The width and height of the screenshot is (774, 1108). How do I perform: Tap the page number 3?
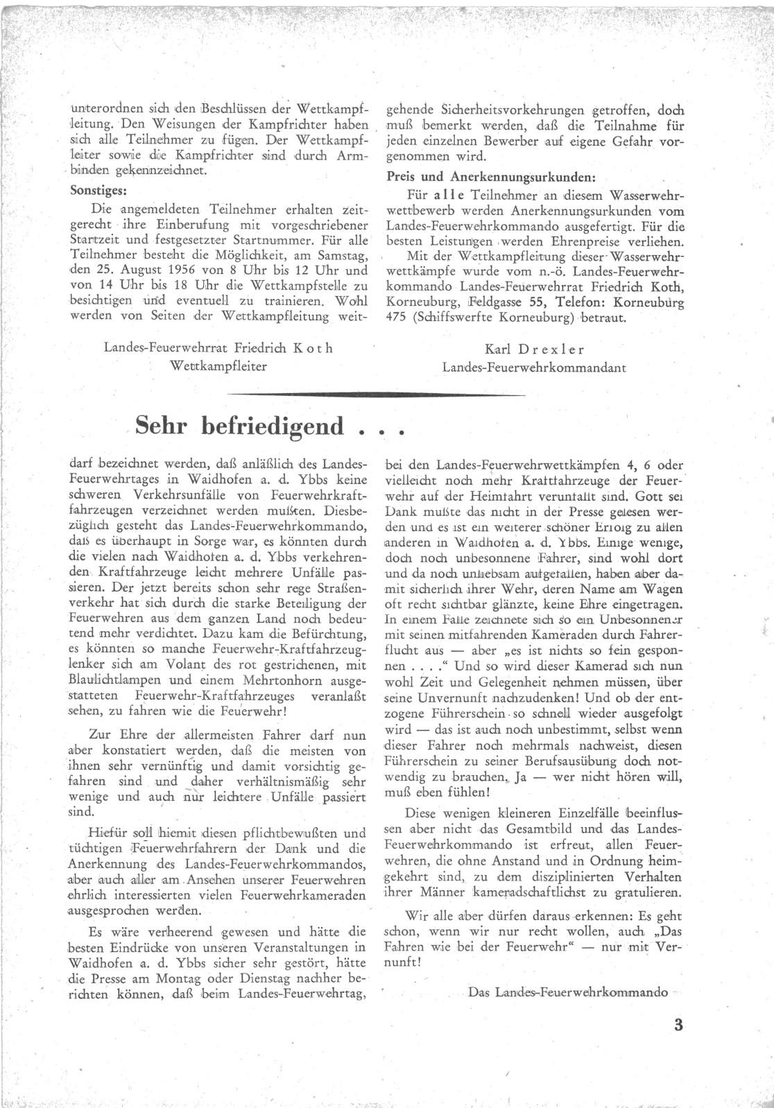(x=678, y=1025)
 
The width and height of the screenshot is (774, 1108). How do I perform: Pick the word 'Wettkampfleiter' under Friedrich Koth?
(x=218, y=366)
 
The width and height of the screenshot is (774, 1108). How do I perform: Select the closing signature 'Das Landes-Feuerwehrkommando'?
(x=568, y=992)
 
